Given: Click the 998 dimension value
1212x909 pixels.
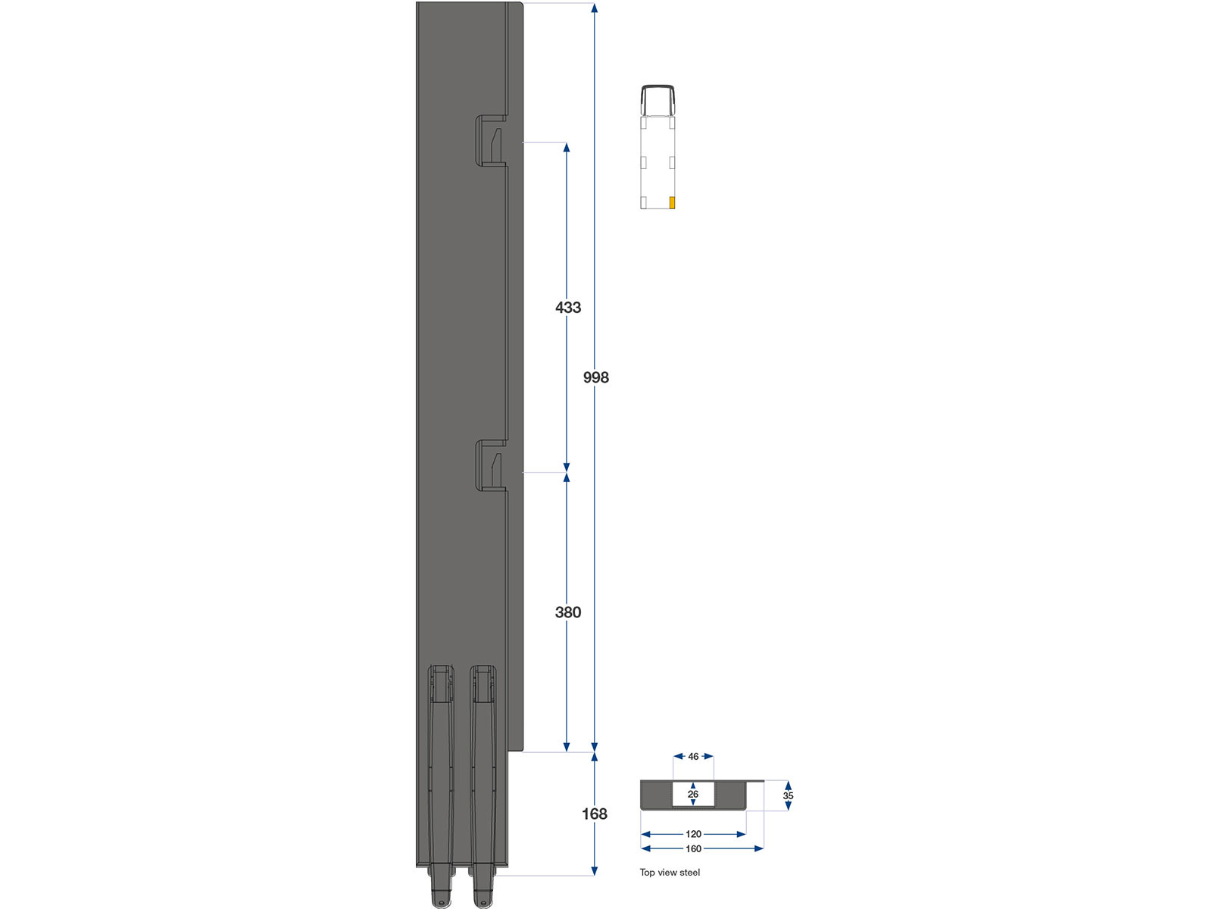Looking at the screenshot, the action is pyautogui.click(x=596, y=377).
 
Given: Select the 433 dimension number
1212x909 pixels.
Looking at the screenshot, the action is pyautogui.click(x=568, y=308).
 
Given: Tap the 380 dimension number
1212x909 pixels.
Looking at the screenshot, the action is pyautogui.click(x=568, y=612).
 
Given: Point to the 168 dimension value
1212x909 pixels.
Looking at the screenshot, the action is pyautogui.click(x=595, y=814).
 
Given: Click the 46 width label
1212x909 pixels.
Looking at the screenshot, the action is pyautogui.click(x=694, y=757).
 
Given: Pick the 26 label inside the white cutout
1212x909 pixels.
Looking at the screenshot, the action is pyautogui.click(x=693, y=794).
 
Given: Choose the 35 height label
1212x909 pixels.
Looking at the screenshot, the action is pyautogui.click(x=788, y=796).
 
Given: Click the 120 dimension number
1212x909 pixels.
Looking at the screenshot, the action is pyautogui.click(x=694, y=835).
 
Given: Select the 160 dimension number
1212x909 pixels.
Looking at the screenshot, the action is pyautogui.click(x=694, y=849).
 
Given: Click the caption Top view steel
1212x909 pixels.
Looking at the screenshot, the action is pyautogui.click(x=670, y=873).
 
